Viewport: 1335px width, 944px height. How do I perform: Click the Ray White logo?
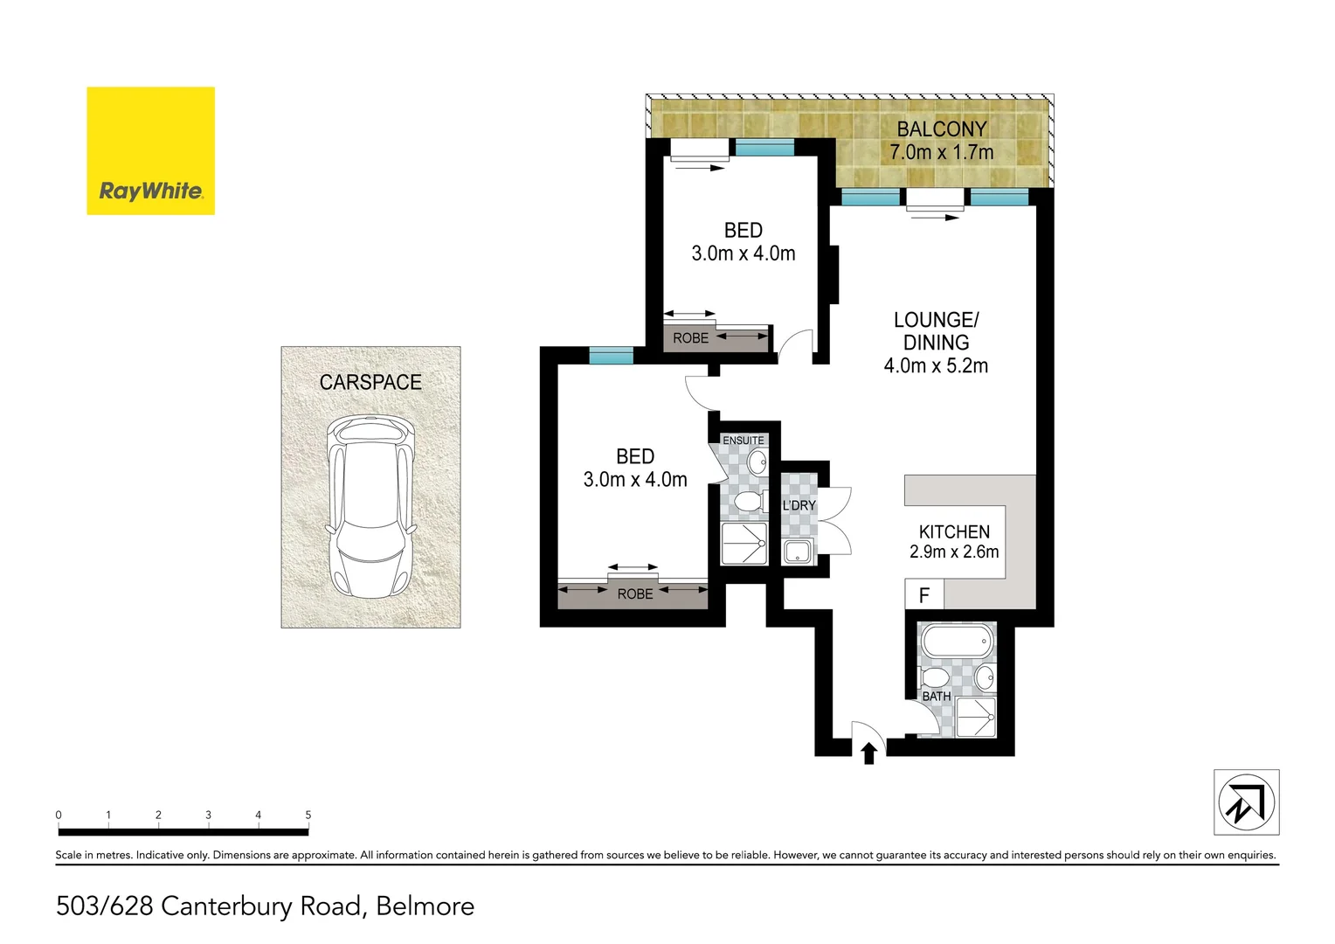click(x=150, y=150)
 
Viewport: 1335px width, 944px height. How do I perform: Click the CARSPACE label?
click(x=370, y=382)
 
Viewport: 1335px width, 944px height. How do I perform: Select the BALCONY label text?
click(x=941, y=129)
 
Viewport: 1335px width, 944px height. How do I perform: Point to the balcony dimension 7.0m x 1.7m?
click(x=941, y=152)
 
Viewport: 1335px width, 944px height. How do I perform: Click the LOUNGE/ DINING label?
click(x=936, y=331)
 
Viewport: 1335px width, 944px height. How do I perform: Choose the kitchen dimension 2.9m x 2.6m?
click(x=953, y=552)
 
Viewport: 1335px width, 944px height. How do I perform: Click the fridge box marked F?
click(x=924, y=596)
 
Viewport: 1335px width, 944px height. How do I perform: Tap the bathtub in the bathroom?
click(x=957, y=642)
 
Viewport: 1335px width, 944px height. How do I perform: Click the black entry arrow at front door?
click(x=868, y=753)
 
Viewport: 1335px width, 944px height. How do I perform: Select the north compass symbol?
click(x=1246, y=802)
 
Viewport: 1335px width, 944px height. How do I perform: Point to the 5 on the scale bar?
click(x=308, y=815)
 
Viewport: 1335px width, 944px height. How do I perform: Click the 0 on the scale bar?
click(x=59, y=815)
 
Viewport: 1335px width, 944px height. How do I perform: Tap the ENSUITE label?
click(x=743, y=441)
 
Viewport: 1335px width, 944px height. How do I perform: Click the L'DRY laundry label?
click(x=799, y=505)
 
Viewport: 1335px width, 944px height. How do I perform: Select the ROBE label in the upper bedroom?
click(x=690, y=338)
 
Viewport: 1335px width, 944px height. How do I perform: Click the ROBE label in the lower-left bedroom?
click(x=634, y=594)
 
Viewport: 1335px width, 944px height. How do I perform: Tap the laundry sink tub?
click(x=797, y=552)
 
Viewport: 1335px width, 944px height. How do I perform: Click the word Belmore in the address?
click(x=425, y=906)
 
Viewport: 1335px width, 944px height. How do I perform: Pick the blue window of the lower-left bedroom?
click(x=611, y=355)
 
